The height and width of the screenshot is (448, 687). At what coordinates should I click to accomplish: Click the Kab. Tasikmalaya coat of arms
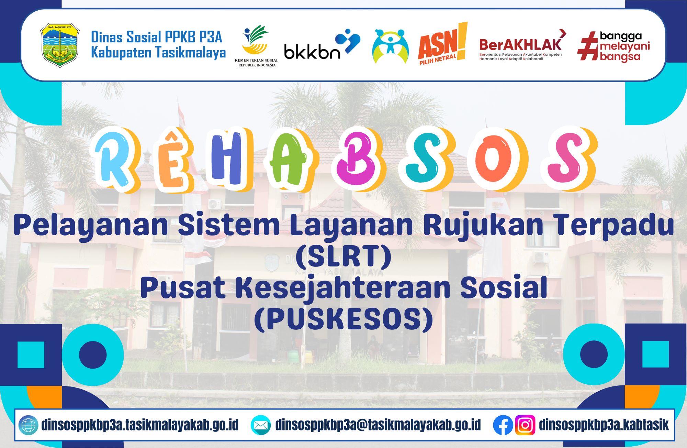[60, 45]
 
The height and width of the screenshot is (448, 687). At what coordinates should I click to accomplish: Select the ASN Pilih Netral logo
[443, 44]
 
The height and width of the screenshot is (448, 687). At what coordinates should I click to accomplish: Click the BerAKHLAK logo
[522, 45]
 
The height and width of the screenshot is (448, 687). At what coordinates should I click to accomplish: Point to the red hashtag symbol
[588, 46]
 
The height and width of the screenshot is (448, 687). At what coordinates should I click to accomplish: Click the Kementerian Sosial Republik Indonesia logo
[257, 46]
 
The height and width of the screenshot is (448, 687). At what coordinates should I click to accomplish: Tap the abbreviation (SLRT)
[343, 256]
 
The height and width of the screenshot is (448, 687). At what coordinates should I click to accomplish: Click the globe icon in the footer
[28, 425]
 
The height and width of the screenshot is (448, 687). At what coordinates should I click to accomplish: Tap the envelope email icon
[261, 425]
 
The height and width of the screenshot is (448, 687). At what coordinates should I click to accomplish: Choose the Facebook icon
[503, 425]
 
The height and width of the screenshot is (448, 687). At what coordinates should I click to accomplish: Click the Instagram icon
[525, 425]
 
